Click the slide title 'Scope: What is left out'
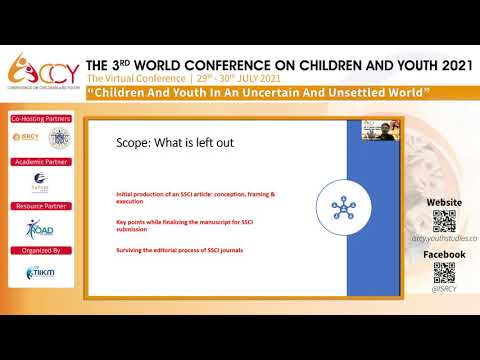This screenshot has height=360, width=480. coord(172,142)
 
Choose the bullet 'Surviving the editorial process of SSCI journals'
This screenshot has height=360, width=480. coord(180,249)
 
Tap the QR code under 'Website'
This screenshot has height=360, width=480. coord(444,221)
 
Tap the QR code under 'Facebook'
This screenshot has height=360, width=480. coord(444,273)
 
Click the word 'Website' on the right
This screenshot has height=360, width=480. coord(444,202)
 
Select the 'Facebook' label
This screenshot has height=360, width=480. coord(444,255)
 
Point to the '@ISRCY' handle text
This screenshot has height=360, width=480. coord(444,290)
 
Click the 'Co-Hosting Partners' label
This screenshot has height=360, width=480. coord(40,118)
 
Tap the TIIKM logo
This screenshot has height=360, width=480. coord(40,272)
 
